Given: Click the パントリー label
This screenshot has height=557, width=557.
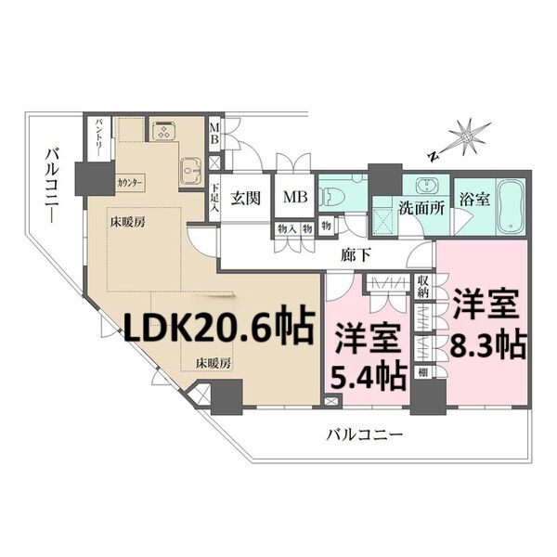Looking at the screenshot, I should click(x=98, y=138).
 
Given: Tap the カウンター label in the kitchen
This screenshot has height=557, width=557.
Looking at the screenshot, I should click(x=131, y=182).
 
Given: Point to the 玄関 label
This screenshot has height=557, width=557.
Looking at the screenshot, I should click(x=246, y=197).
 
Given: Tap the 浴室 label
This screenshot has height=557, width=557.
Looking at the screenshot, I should click(x=475, y=198).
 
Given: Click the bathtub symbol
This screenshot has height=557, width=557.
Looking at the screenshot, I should click(x=512, y=205).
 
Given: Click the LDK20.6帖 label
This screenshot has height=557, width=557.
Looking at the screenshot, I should click(x=219, y=327).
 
